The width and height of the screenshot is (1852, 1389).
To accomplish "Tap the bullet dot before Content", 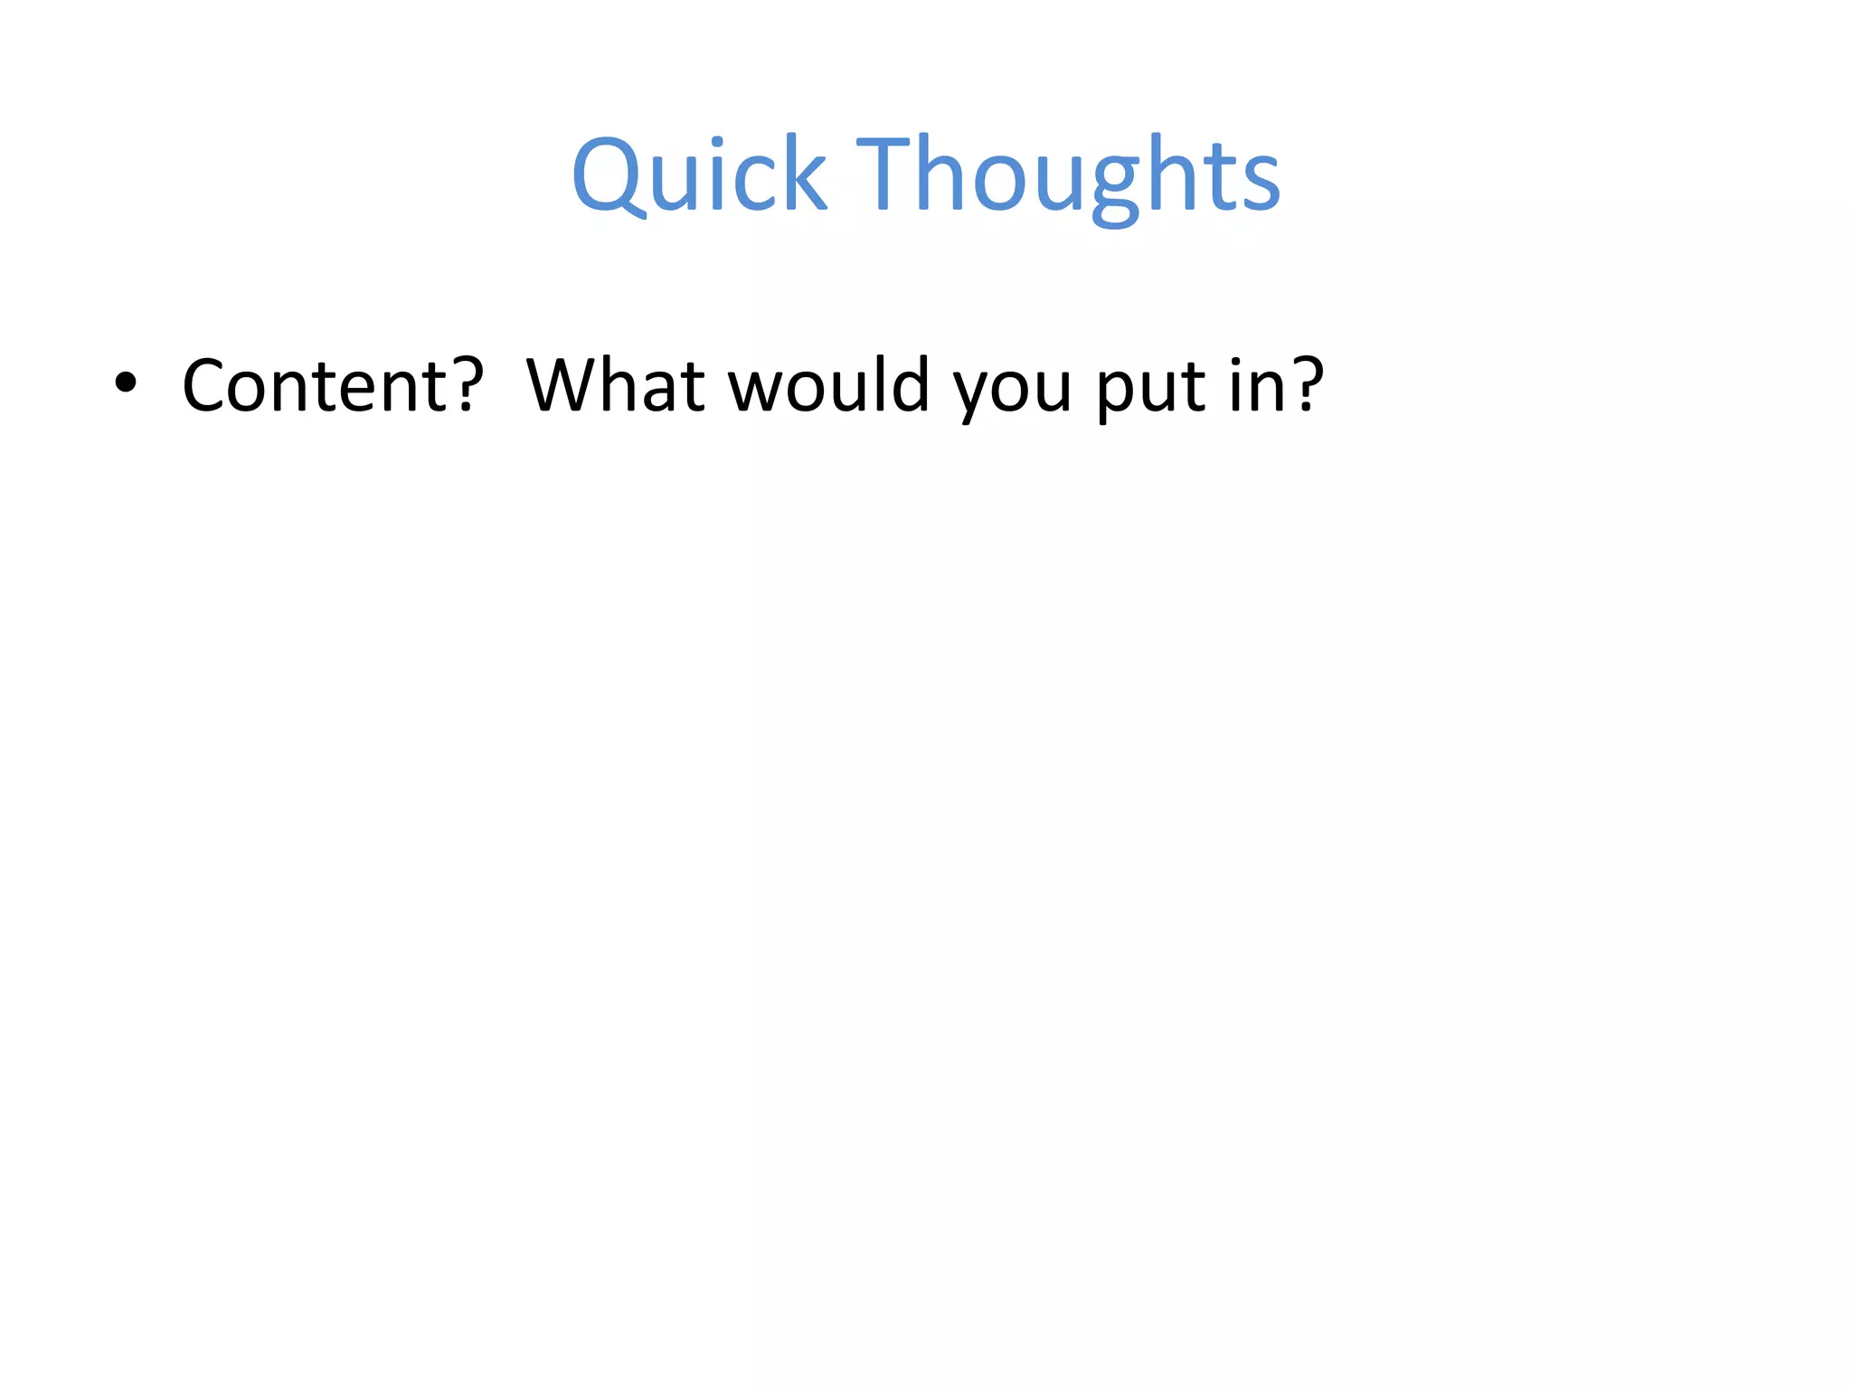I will [126, 383].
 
